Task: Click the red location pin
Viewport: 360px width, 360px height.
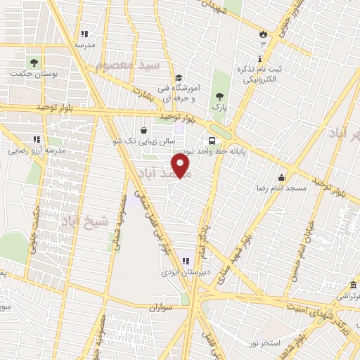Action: point(181,166)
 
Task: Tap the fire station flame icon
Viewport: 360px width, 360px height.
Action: point(263,33)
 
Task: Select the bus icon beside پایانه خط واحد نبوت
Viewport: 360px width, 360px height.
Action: point(212,139)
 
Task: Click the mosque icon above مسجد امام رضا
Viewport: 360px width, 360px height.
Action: point(282,177)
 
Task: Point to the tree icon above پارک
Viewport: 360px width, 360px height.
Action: point(220,95)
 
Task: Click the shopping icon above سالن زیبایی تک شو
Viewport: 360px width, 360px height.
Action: point(144,130)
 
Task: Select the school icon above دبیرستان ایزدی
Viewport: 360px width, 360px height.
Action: point(186,261)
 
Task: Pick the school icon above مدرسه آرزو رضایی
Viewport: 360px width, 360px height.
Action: point(37,139)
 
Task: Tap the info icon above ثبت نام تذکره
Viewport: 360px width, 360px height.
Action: point(260,58)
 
